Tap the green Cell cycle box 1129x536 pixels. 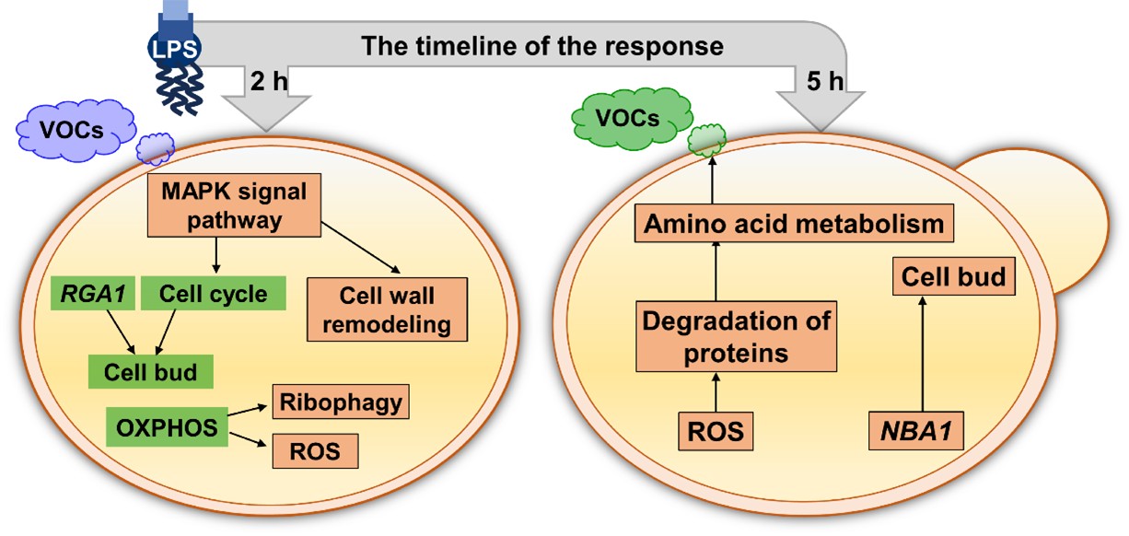(x=213, y=294)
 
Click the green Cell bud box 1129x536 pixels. (x=151, y=372)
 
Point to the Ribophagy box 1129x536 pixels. (x=339, y=402)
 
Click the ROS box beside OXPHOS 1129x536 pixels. (x=316, y=452)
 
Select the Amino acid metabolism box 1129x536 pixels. (x=793, y=224)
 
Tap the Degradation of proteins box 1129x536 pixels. (x=736, y=337)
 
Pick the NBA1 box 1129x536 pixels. (x=917, y=430)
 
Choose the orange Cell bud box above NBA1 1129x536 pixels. (x=953, y=276)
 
